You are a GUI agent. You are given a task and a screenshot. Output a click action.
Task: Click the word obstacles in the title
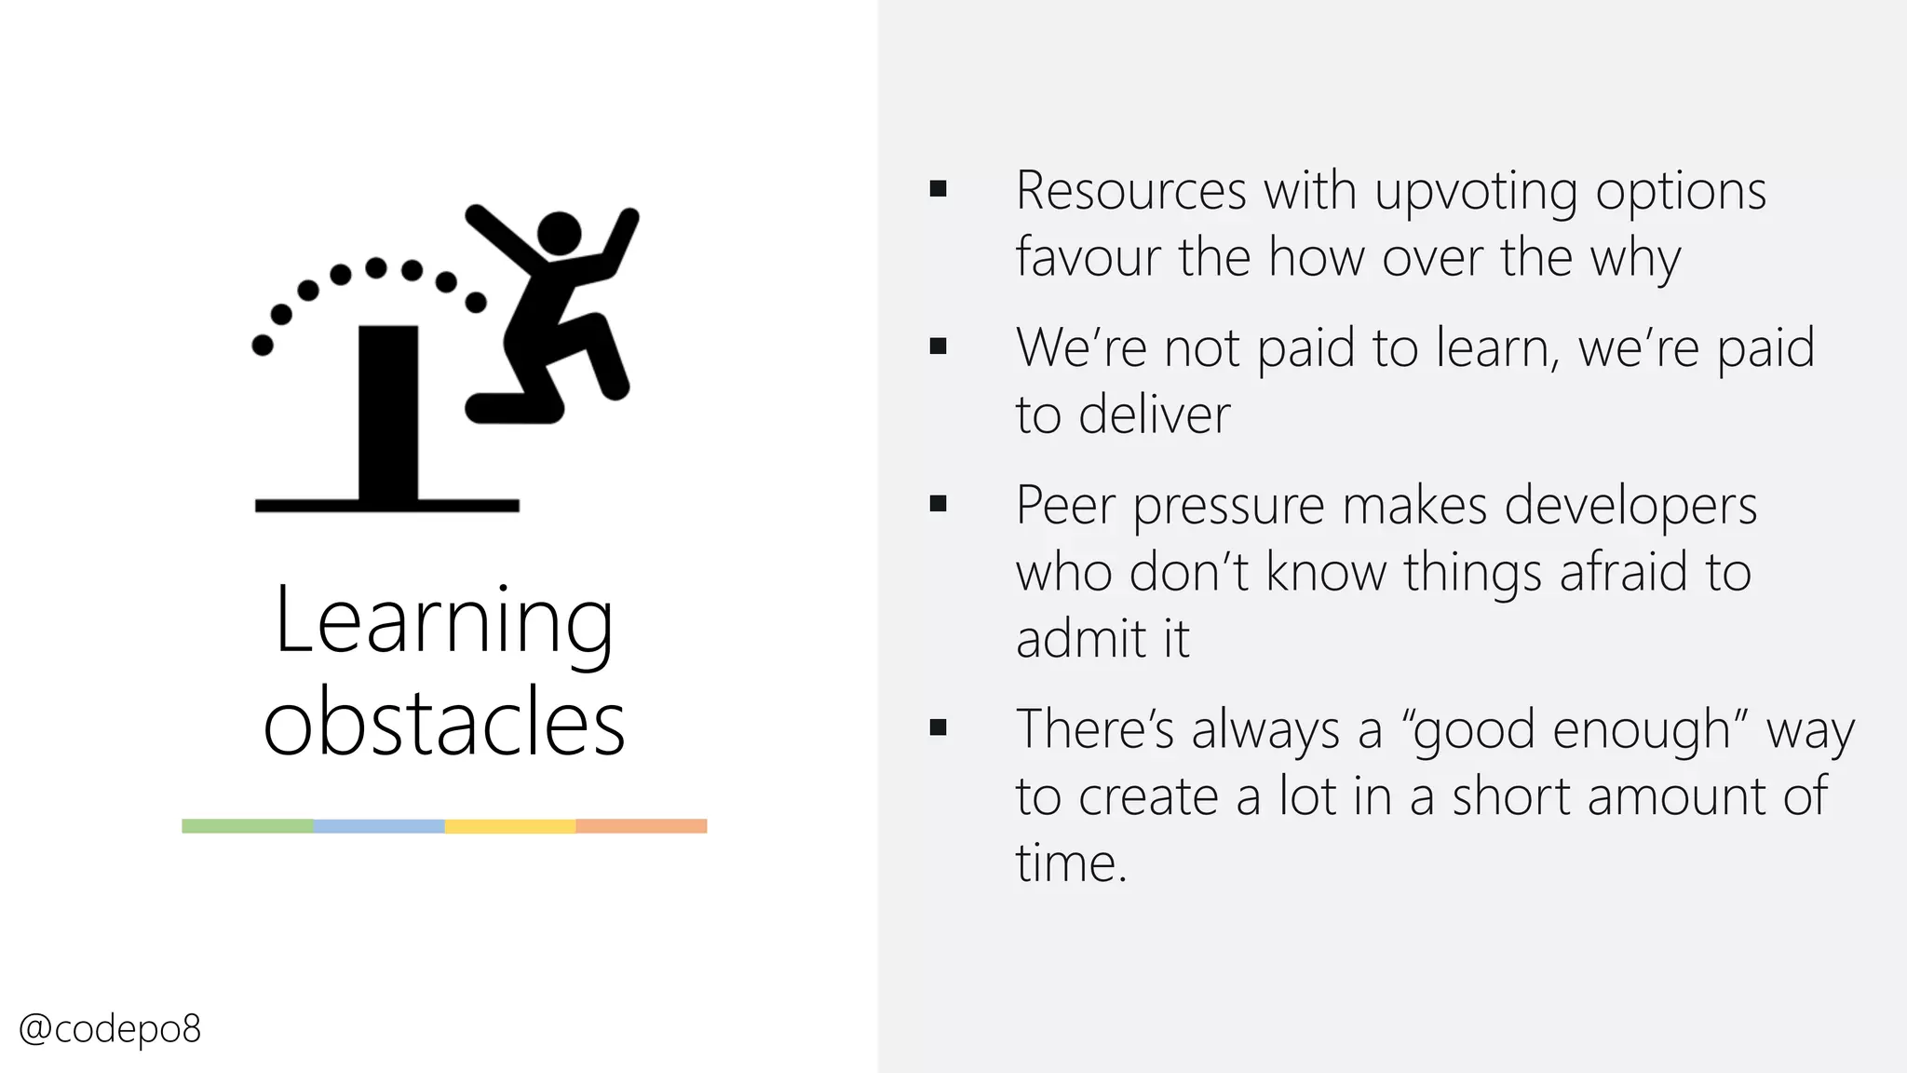444,723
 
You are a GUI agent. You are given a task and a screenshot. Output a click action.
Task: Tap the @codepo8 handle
110,1029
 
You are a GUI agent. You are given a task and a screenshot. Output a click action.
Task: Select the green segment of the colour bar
248,826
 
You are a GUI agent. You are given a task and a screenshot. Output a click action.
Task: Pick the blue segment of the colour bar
379,826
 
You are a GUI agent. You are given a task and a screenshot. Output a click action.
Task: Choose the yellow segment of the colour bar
510,826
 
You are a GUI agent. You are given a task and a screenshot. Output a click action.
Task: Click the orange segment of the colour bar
642,826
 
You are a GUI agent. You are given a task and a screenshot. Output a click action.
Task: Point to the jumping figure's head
559,233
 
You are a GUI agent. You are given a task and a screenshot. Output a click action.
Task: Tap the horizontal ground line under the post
386,506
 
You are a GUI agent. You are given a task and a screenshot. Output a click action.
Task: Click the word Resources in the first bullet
1130,191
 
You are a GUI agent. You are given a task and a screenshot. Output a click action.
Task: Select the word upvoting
1476,193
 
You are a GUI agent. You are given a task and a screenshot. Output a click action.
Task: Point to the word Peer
1065,506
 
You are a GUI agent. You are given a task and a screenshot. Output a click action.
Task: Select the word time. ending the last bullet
1071,863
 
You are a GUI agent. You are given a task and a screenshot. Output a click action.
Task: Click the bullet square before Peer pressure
938,504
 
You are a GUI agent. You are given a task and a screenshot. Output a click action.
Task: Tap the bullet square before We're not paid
938,346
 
